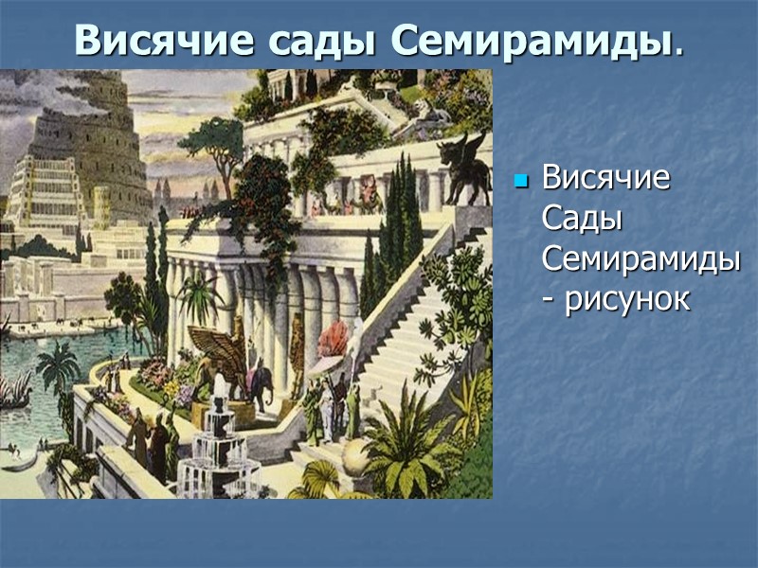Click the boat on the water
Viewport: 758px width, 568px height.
[x=15, y=388]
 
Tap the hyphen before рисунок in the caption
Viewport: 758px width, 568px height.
[x=549, y=301]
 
